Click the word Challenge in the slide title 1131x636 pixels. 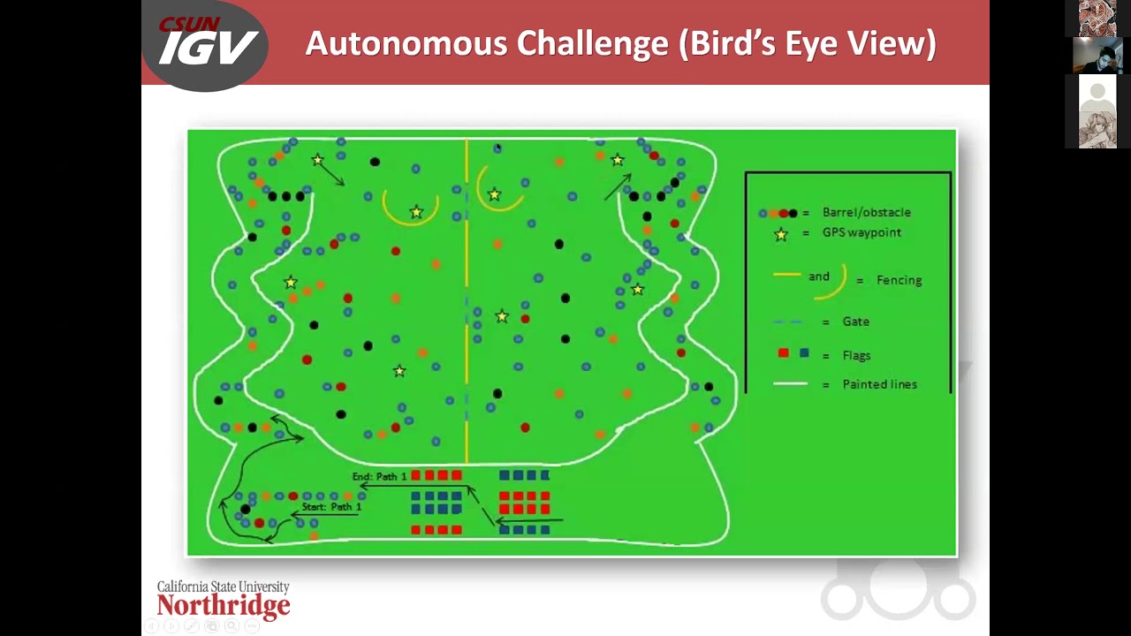[x=592, y=43]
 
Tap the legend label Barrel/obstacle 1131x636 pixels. [x=867, y=212]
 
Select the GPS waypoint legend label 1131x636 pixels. [x=862, y=232]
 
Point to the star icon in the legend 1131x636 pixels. [x=781, y=234]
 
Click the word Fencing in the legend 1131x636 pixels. [x=899, y=280]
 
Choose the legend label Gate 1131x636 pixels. [x=856, y=322]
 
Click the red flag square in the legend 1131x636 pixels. [x=783, y=352]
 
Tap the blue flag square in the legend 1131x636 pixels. [x=804, y=352]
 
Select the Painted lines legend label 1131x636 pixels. [x=879, y=384]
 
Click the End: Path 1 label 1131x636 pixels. [x=379, y=476]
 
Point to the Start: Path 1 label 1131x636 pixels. [x=331, y=506]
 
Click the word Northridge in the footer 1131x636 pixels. [x=224, y=605]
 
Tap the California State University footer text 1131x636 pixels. [x=224, y=587]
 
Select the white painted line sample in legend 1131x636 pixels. [x=790, y=384]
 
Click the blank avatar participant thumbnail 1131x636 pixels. [x=1097, y=92]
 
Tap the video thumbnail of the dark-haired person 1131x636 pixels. [x=1097, y=56]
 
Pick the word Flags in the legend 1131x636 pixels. [x=856, y=355]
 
